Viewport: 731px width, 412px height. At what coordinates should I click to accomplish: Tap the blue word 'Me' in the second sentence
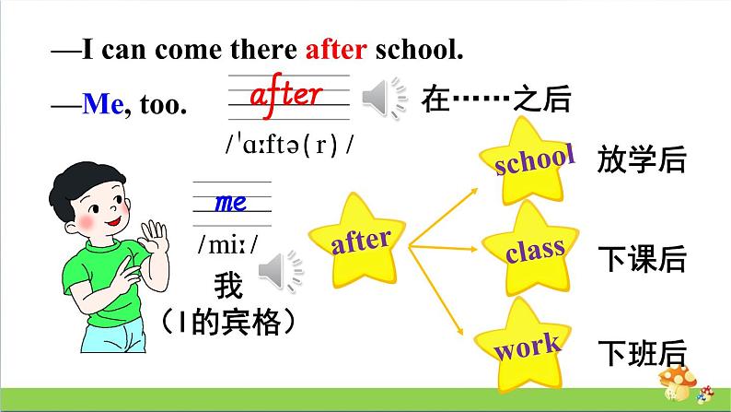pos(101,105)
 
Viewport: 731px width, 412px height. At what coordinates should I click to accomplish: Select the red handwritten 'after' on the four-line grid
pos(285,93)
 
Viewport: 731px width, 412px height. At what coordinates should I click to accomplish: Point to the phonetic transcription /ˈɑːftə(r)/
pos(289,146)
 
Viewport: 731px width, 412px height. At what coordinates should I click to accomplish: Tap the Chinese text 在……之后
pos(496,98)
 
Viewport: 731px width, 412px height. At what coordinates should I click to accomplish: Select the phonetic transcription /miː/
pos(226,244)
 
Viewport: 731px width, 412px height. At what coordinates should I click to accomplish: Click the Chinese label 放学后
pos(642,160)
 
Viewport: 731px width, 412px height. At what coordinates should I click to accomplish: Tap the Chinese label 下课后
pos(642,259)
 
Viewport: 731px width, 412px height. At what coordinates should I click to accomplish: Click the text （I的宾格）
pos(226,321)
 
